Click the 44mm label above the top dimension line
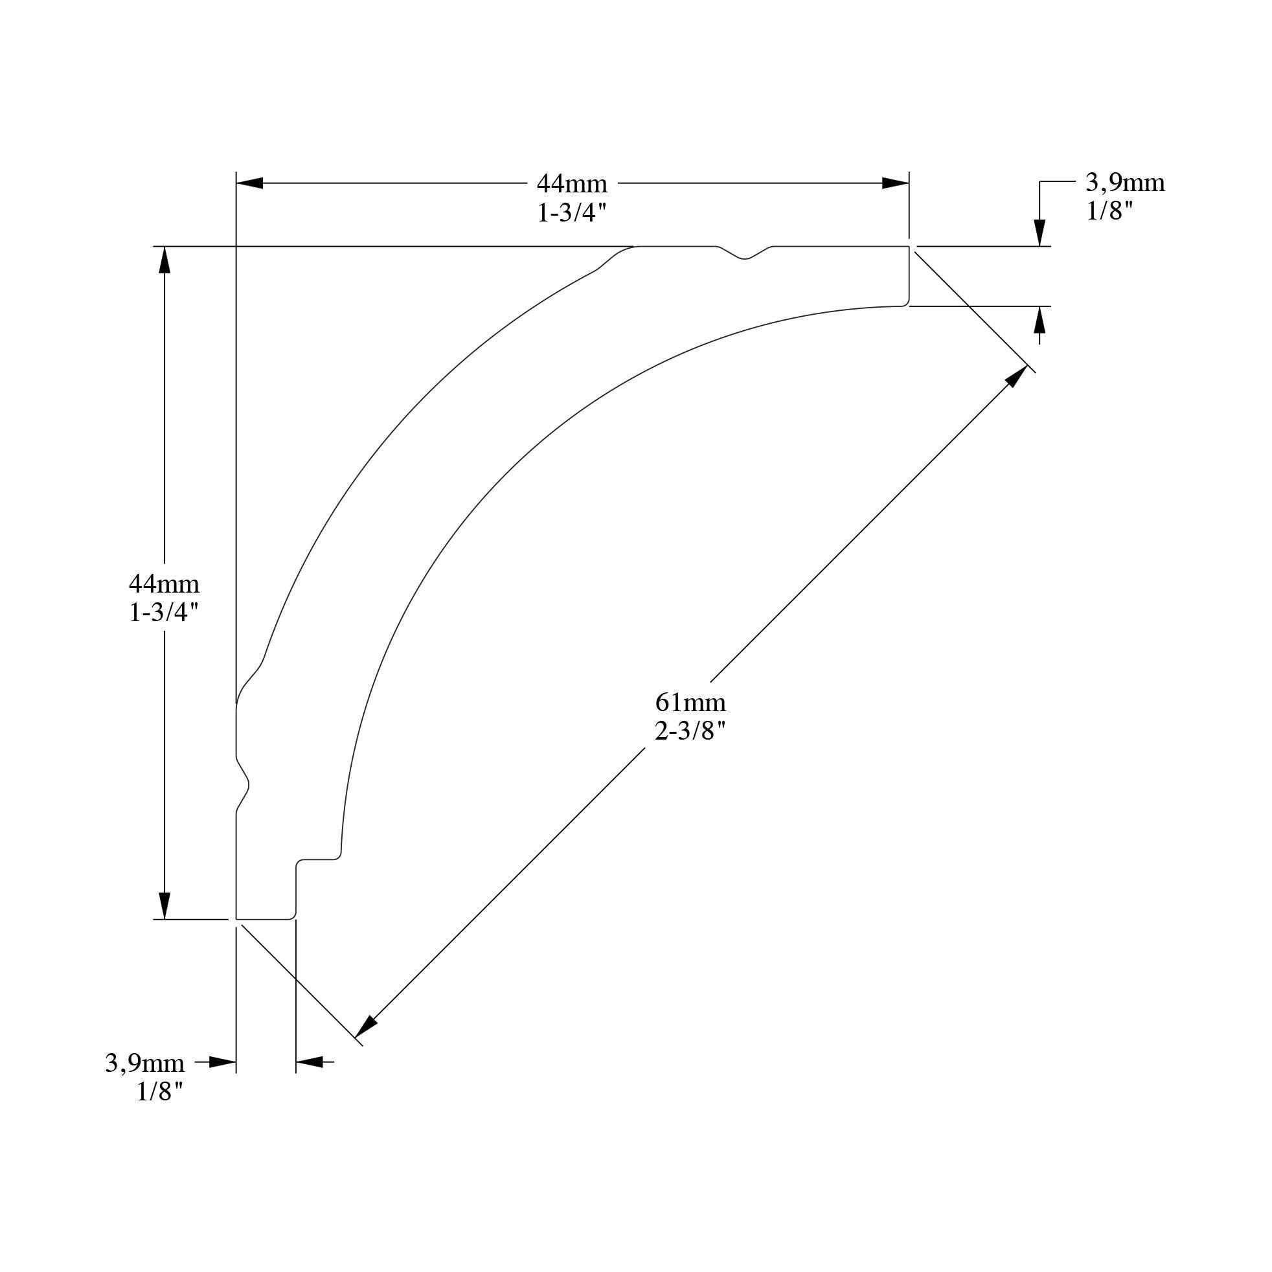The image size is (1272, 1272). point(571,183)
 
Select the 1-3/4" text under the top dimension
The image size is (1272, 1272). point(571,212)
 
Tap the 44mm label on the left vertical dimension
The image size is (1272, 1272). point(164,584)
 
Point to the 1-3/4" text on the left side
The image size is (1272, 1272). point(164,613)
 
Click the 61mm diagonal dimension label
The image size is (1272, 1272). point(690,703)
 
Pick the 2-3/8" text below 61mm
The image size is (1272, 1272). point(690,731)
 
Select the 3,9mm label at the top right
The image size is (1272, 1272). point(1125,183)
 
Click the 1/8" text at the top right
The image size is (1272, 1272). point(1110,211)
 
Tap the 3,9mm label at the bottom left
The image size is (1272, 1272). point(145,1063)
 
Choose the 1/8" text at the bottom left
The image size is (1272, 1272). point(159,1092)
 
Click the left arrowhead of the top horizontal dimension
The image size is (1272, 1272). point(250,183)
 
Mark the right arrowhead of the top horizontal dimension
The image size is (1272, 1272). point(896,183)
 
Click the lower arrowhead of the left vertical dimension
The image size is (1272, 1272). point(165,905)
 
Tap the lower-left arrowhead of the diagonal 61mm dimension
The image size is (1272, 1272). point(365,1028)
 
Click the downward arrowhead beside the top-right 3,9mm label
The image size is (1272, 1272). point(1039,233)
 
